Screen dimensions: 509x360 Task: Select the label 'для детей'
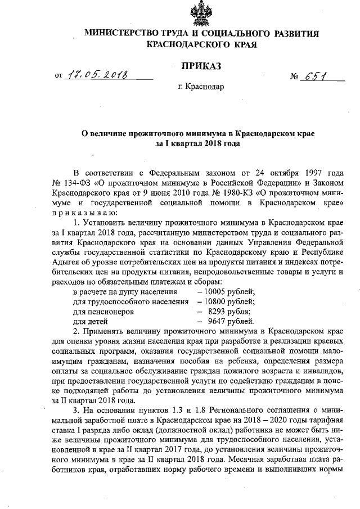91,322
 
